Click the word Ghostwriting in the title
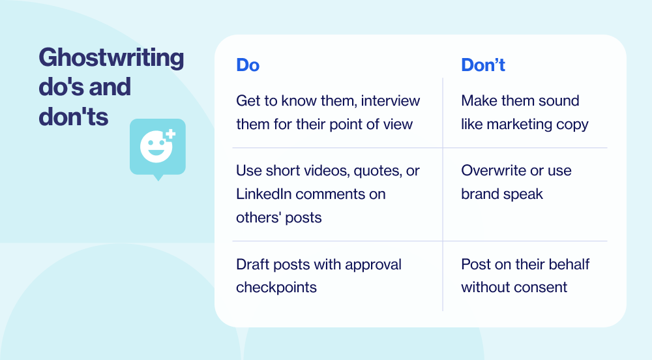(111, 58)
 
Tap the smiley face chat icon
(157, 147)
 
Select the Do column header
(248, 65)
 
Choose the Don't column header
(483, 65)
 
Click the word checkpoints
(276, 288)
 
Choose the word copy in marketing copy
(572, 124)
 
